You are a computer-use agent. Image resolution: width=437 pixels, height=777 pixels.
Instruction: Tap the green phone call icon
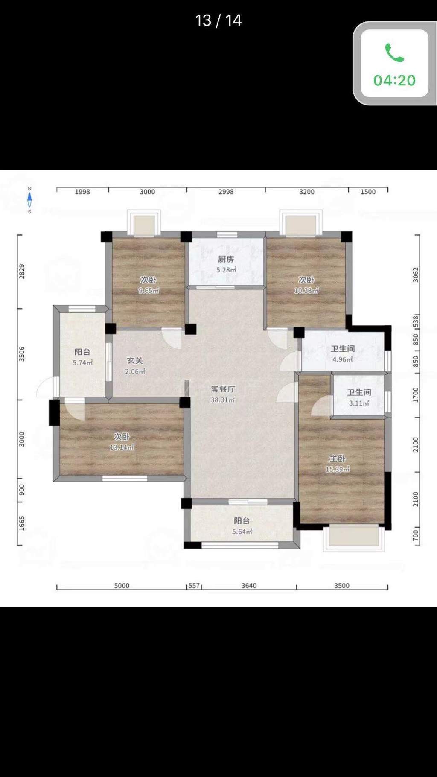[x=394, y=53]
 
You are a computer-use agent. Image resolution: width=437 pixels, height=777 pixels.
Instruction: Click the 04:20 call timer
[x=394, y=80]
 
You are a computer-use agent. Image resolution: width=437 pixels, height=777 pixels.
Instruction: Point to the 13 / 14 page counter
[x=218, y=20]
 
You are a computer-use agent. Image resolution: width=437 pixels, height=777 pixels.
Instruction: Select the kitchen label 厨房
[x=226, y=259]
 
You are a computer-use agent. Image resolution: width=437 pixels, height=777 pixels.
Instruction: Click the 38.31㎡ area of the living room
[x=223, y=400]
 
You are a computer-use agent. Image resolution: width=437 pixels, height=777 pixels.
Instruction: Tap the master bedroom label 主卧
[x=337, y=459]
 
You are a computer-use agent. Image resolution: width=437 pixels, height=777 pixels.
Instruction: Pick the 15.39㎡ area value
[x=338, y=469]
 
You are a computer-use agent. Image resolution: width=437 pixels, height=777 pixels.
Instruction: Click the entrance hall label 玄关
[x=135, y=361]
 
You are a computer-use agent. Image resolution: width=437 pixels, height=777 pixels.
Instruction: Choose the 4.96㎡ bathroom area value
[x=343, y=359]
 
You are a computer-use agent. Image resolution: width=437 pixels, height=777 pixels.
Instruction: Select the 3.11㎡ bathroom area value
[x=359, y=403]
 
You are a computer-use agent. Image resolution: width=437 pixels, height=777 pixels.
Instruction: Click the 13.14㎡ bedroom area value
[x=122, y=447]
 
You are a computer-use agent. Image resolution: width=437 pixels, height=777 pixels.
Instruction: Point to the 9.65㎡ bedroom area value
[x=149, y=291]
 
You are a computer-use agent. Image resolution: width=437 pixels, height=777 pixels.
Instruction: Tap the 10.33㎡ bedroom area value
[x=306, y=291]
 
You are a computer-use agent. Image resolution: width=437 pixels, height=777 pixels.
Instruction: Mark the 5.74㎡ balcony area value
[x=82, y=363]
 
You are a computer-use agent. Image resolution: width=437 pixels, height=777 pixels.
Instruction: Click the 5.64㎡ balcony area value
[x=242, y=532]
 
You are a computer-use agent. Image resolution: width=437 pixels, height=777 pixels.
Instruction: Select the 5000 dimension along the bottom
[x=122, y=586]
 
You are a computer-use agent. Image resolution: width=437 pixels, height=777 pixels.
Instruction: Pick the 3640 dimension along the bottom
[x=249, y=586]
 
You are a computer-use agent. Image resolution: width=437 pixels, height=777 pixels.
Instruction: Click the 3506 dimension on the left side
[x=22, y=354]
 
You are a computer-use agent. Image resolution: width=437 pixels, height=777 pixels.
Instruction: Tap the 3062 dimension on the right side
[x=416, y=275]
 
